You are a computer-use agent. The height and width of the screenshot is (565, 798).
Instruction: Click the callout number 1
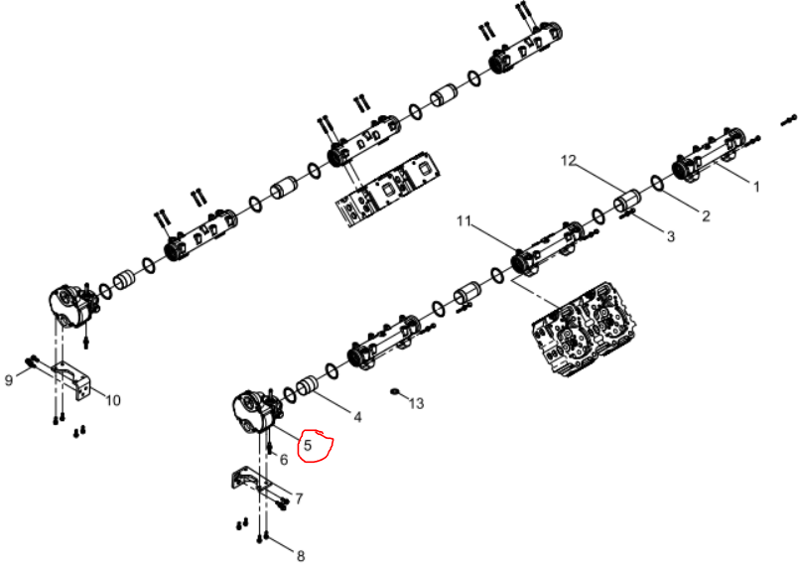pyautogui.click(x=756, y=187)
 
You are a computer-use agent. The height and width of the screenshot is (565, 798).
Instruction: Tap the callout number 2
pyautogui.click(x=706, y=215)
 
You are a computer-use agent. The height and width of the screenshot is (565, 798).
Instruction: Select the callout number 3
pyautogui.click(x=671, y=236)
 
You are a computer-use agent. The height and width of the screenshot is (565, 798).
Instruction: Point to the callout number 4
pyautogui.click(x=357, y=417)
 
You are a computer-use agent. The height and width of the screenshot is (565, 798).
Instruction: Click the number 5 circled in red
pyautogui.click(x=308, y=446)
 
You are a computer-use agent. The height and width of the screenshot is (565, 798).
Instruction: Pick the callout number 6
pyautogui.click(x=284, y=460)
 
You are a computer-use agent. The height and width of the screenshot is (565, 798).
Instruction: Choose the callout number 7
pyautogui.click(x=299, y=498)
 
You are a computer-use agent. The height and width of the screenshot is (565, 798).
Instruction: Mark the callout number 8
pyautogui.click(x=301, y=556)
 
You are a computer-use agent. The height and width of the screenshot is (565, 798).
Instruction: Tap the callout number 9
pyautogui.click(x=9, y=380)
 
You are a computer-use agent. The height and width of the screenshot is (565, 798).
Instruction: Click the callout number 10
pyautogui.click(x=113, y=400)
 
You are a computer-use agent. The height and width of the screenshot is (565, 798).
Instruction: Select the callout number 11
pyautogui.click(x=465, y=220)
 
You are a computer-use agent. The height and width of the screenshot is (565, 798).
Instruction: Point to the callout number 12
pyautogui.click(x=569, y=160)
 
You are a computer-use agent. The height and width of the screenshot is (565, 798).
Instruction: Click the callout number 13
pyautogui.click(x=416, y=404)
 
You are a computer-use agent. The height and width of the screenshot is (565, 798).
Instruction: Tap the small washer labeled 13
pyautogui.click(x=395, y=391)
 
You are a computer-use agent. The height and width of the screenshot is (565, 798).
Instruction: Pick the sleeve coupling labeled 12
pyautogui.click(x=626, y=201)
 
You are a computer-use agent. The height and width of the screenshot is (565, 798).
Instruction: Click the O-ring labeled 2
pyautogui.click(x=657, y=184)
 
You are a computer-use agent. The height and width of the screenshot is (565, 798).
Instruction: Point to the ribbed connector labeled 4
pyautogui.click(x=308, y=385)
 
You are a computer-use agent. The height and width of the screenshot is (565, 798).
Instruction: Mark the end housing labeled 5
pyautogui.click(x=254, y=411)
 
